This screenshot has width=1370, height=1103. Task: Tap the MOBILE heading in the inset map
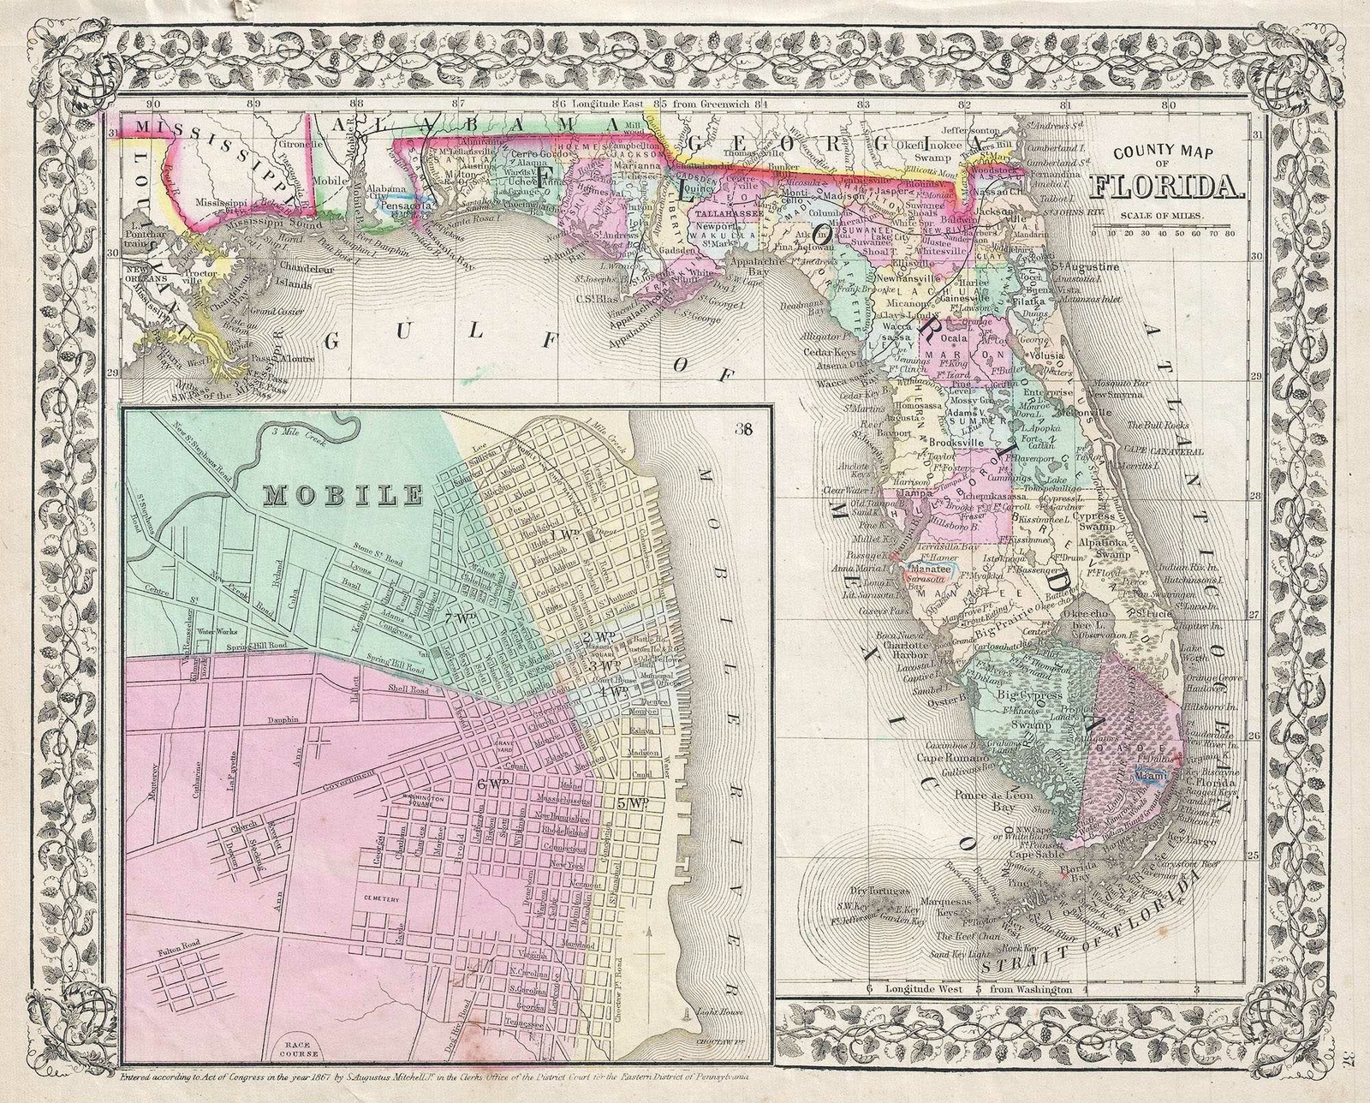click(x=343, y=494)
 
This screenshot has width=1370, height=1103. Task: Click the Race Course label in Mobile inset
click(x=294, y=1050)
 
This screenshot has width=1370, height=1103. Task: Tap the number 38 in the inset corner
click(x=742, y=430)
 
